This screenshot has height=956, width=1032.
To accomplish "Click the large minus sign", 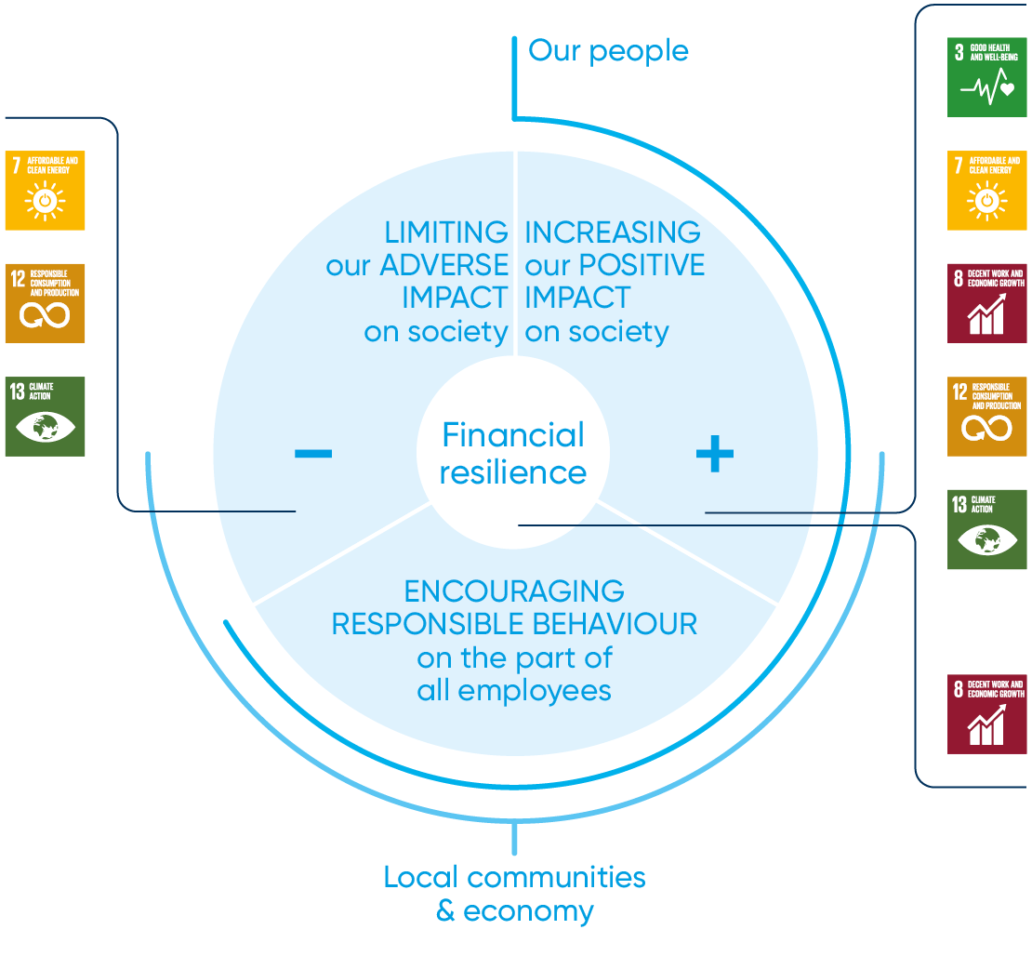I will coord(312,454).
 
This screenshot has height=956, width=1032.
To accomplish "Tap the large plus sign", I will coord(714,455).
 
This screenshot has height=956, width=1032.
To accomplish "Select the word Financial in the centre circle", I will coord(513,435).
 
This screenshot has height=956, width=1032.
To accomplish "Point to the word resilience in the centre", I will coord(513,472).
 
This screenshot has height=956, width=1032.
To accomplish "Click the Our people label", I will coord(608,50).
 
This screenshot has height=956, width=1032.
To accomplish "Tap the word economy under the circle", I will coord(529,910).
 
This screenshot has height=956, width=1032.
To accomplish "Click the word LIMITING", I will coord(446,232).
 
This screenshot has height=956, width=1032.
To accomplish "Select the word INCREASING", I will coord(613,232).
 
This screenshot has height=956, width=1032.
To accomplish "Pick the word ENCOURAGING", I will coord(514,591).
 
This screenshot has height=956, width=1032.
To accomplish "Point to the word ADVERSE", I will coord(443,265).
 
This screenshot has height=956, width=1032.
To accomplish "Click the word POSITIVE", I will coord(642,265).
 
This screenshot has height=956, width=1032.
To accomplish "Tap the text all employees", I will coord(514,691).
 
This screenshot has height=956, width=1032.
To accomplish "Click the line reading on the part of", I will coord(514,657).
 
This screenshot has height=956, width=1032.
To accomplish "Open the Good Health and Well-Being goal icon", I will coord(987,76).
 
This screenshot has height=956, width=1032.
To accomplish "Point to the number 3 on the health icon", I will coord(959,52).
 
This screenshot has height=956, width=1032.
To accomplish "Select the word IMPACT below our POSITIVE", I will coord(577,299).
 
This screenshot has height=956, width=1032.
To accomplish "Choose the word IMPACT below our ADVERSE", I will coord(456,299).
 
